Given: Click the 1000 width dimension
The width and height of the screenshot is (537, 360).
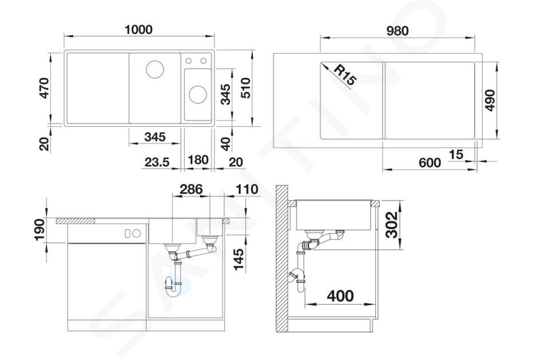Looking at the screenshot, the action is click(x=138, y=30).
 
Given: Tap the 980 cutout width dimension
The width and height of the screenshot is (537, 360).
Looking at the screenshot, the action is click(x=397, y=31).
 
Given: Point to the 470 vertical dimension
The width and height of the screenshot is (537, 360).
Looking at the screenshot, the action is click(x=45, y=88).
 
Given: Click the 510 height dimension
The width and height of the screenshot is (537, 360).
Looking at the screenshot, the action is click(x=245, y=88).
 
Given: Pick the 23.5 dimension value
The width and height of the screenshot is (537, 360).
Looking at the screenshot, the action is click(x=157, y=162).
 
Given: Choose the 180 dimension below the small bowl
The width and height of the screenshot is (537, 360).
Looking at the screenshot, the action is click(x=198, y=160).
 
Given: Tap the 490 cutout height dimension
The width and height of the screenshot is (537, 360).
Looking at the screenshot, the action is click(x=491, y=100).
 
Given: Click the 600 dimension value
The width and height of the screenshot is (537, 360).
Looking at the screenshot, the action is click(x=430, y=162).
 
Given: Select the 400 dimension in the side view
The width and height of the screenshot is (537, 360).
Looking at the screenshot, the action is click(x=340, y=295).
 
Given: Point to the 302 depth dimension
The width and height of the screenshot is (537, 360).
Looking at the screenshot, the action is click(x=392, y=224).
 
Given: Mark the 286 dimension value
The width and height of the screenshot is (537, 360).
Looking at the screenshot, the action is click(x=192, y=189).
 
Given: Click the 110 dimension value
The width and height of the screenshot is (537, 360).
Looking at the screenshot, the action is click(x=247, y=189).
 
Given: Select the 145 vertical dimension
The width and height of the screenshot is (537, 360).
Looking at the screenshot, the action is click(x=238, y=259).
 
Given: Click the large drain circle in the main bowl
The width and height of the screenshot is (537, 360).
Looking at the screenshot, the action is click(x=155, y=69).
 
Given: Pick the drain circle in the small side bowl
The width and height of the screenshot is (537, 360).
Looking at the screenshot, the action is click(x=198, y=94).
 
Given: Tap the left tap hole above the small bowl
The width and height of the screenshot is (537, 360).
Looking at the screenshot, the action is click(x=188, y=61).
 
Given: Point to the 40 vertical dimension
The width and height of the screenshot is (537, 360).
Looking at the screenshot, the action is click(x=225, y=144).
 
